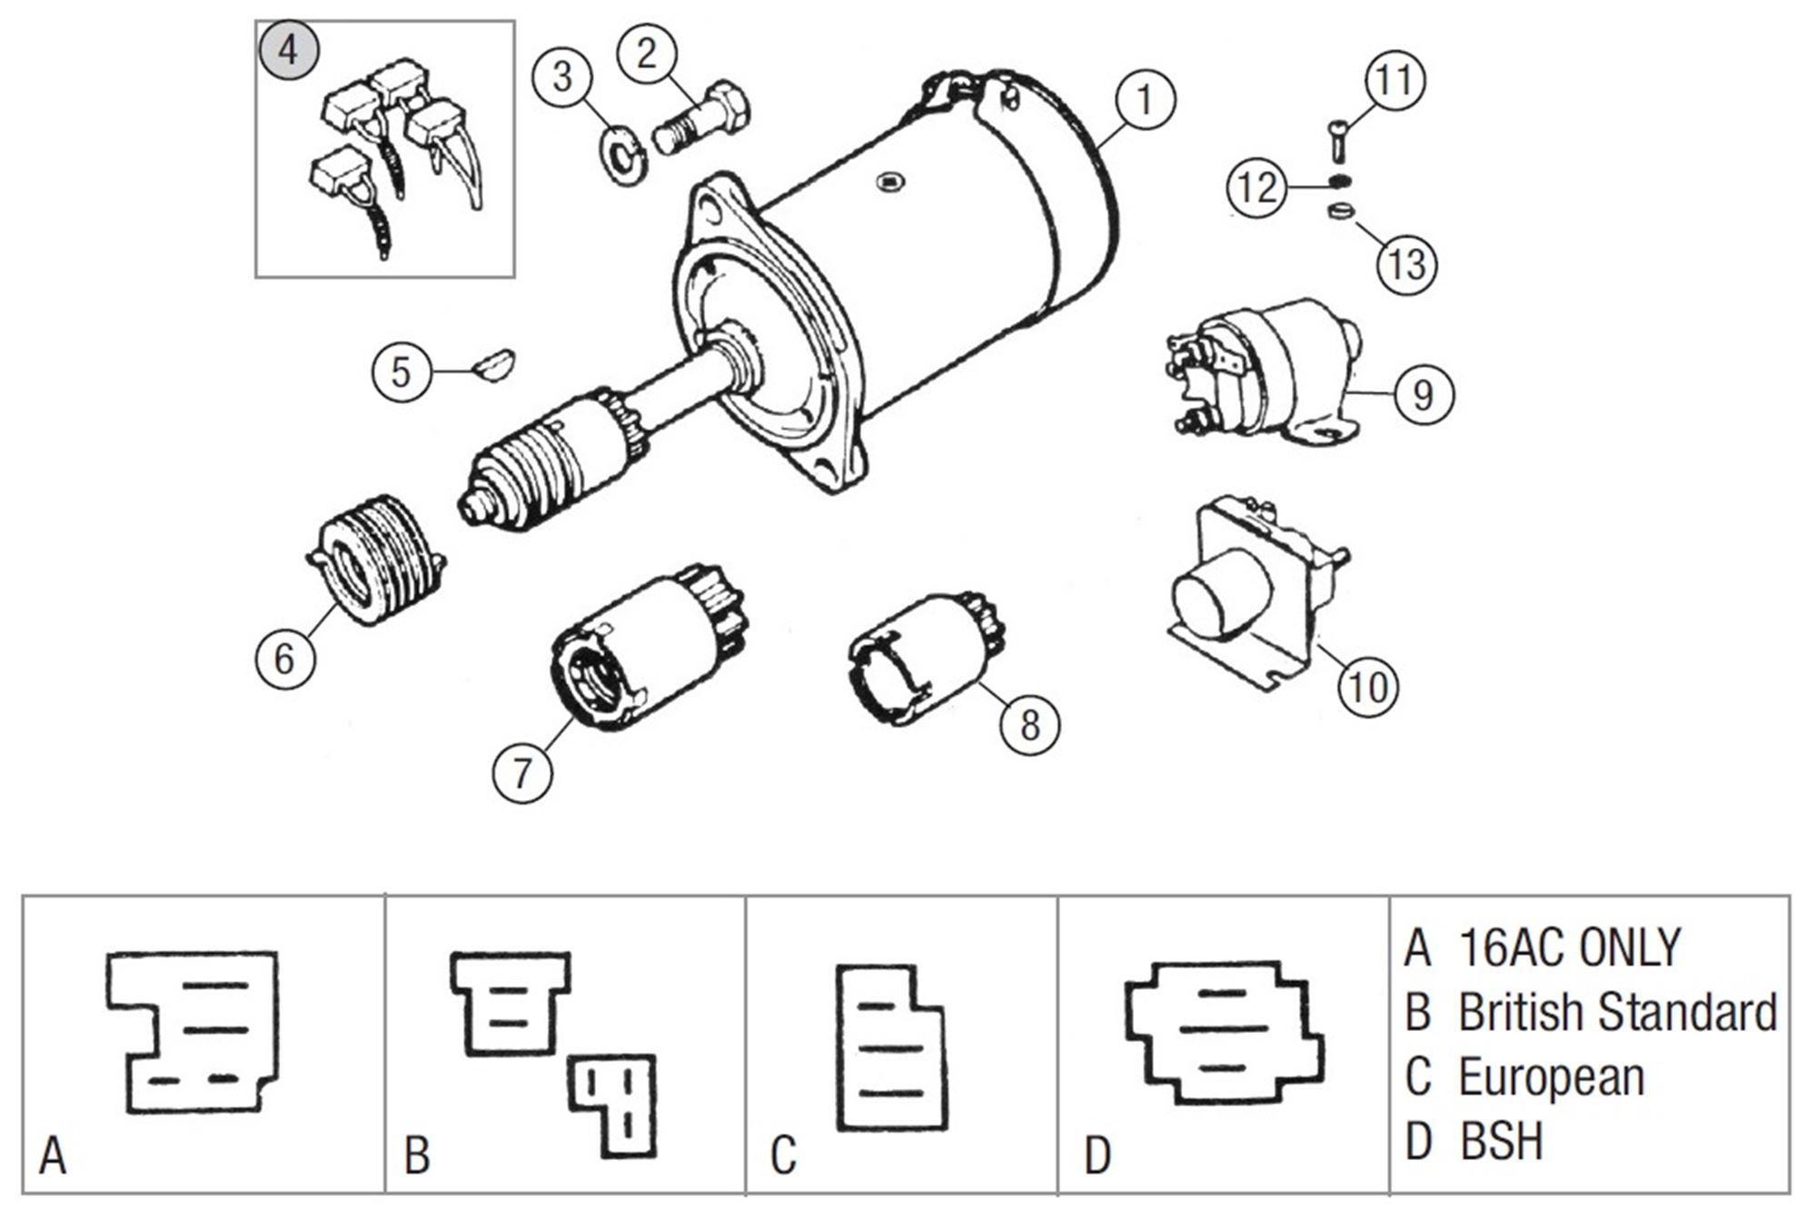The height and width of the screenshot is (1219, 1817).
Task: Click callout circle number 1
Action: pyautogui.click(x=1145, y=100)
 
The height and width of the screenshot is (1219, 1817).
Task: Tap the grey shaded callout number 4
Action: pyautogui.click(x=288, y=50)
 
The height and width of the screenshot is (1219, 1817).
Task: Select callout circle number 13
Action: pyautogui.click(x=1406, y=264)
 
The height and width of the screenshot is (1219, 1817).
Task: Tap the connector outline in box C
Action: pyautogui.click(x=890, y=1049)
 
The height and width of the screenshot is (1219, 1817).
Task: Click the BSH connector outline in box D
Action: pyautogui.click(x=1222, y=1031)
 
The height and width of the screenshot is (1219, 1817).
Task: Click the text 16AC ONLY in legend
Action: pyautogui.click(x=1569, y=947)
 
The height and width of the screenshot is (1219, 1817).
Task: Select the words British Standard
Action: pyautogui.click(x=1617, y=1012)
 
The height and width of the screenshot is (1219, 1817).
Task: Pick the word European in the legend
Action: pyautogui.click(x=1551, y=1077)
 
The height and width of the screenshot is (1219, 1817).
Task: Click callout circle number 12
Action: pyautogui.click(x=1258, y=188)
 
